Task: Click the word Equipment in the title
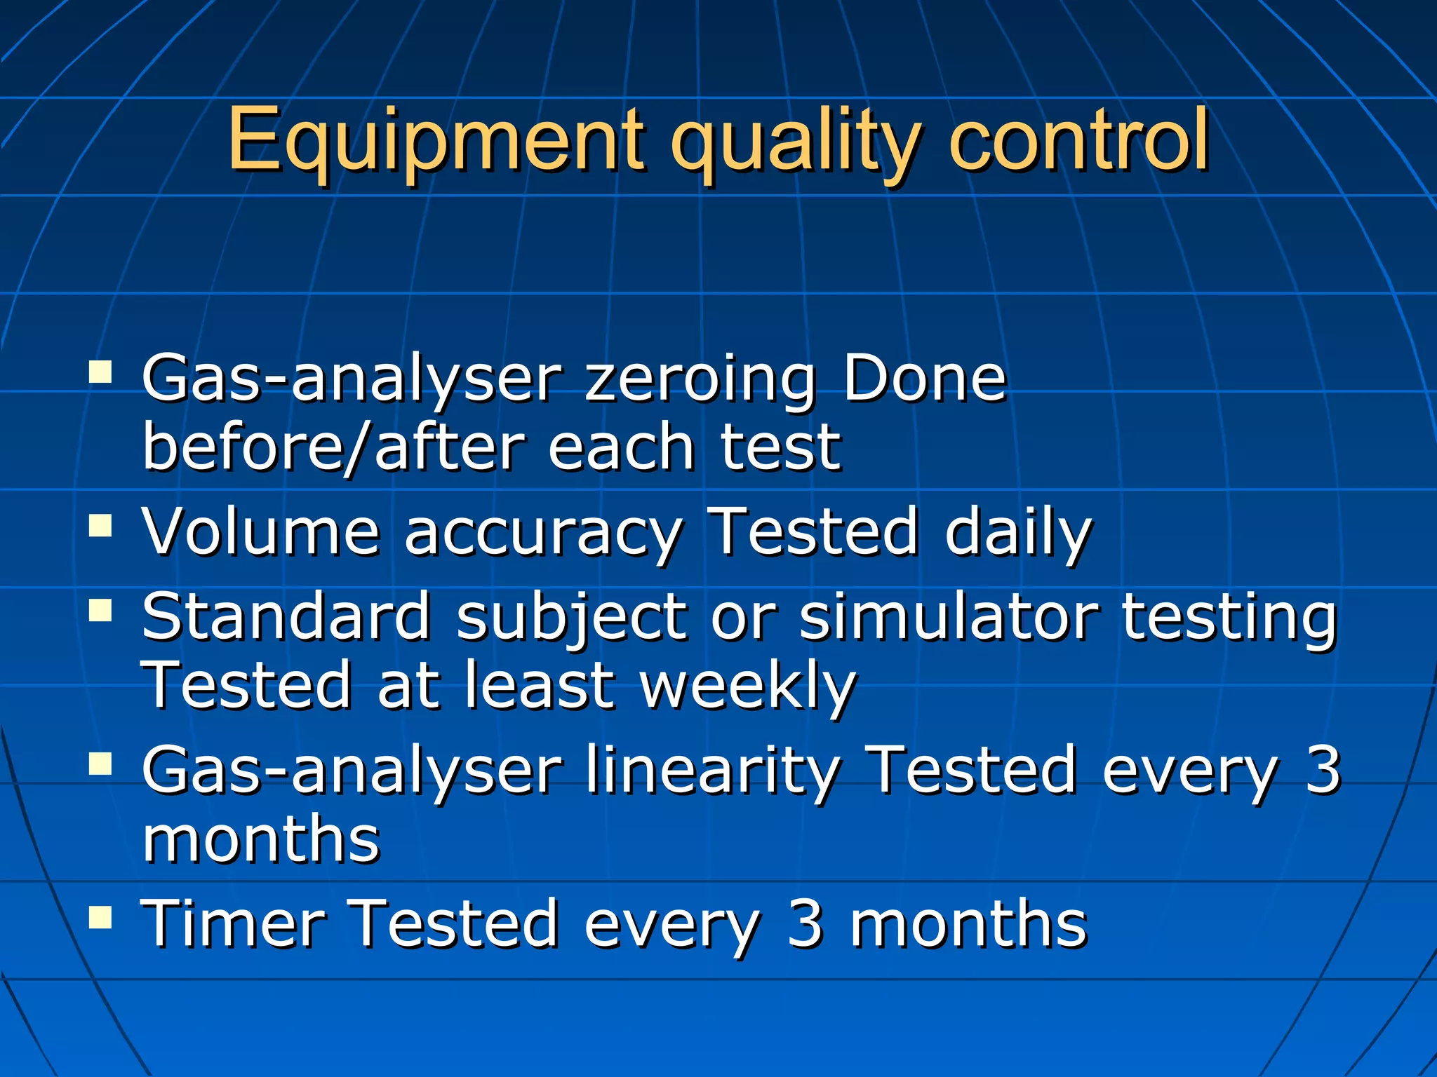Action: [435, 140]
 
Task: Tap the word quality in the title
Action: [793, 144]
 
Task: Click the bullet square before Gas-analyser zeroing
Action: [101, 372]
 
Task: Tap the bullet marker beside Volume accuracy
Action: [101, 525]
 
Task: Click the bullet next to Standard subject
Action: [101, 610]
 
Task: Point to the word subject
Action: [571, 617]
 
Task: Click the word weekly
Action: [748, 687]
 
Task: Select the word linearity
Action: [712, 771]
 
